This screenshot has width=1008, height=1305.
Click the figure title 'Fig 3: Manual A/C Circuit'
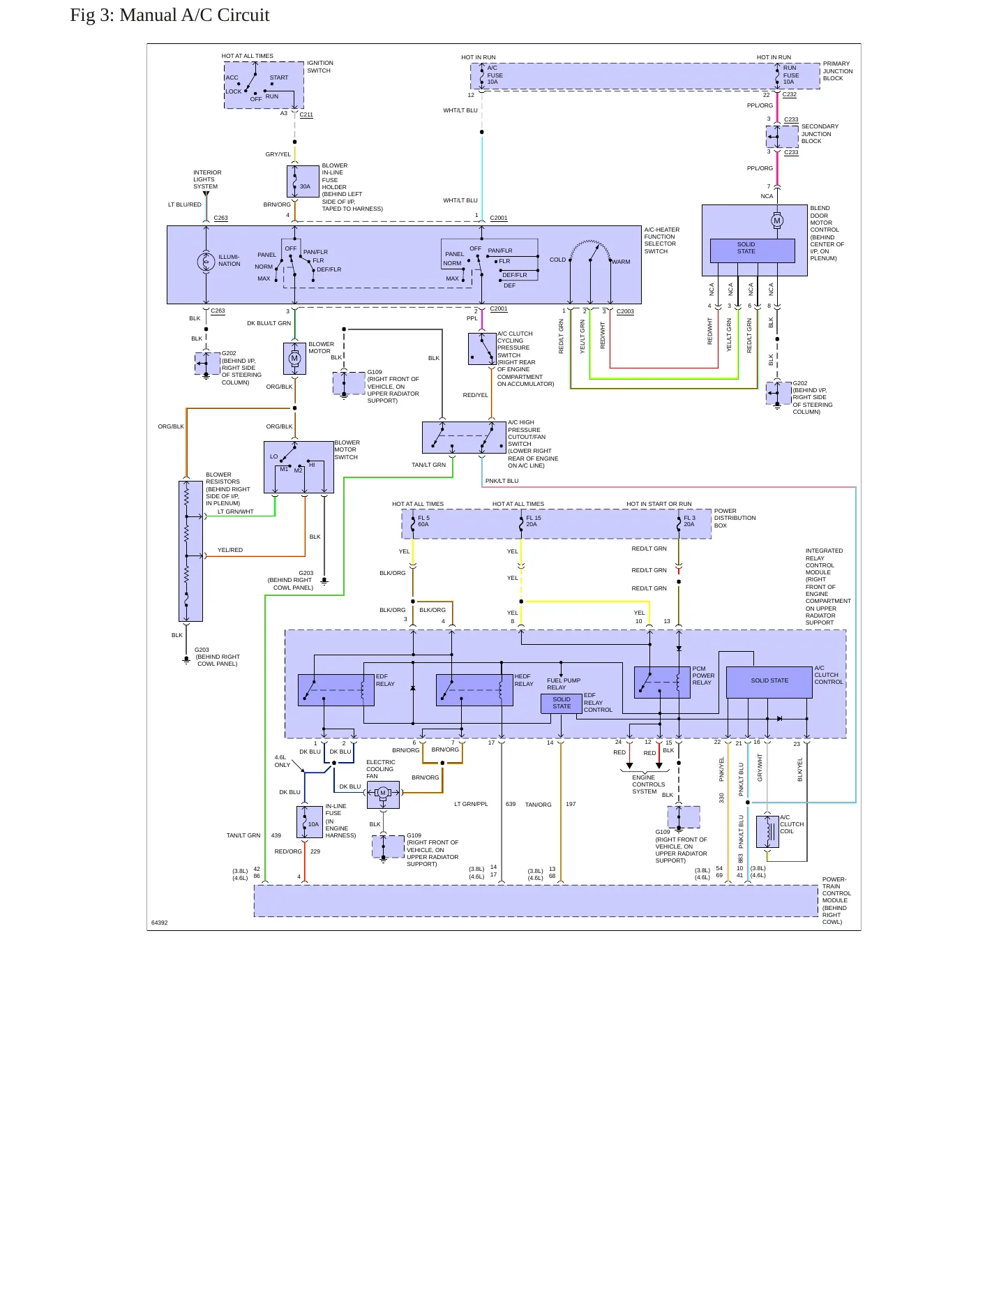coord(170,15)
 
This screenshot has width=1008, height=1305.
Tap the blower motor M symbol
coord(294,358)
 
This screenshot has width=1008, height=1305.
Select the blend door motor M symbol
coord(777,221)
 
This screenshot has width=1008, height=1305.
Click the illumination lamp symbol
coord(206,262)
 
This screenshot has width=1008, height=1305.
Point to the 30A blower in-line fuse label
coord(305,186)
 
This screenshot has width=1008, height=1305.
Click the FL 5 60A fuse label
coord(423,521)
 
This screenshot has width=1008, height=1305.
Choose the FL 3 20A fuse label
coord(689,521)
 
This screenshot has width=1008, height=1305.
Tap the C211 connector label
coord(306,114)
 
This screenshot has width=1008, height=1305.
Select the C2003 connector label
coord(625,311)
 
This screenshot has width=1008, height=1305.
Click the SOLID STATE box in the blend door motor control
coord(752,251)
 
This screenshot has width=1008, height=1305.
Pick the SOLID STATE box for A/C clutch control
coord(769,682)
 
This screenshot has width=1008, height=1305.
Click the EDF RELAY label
coord(385,680)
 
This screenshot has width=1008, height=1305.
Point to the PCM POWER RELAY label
coord(703,676)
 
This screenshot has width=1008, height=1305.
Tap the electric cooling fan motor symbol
coord(383,793)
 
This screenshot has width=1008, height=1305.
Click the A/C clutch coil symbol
coord(769,831)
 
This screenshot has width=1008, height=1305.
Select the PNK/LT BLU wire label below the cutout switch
coord(502,481)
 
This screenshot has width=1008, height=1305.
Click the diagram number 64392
coord(159,923)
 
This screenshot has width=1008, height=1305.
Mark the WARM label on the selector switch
coord(621,262)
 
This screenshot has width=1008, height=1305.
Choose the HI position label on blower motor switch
coord(312,465)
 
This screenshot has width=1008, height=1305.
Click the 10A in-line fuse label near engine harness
coord(313,824)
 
